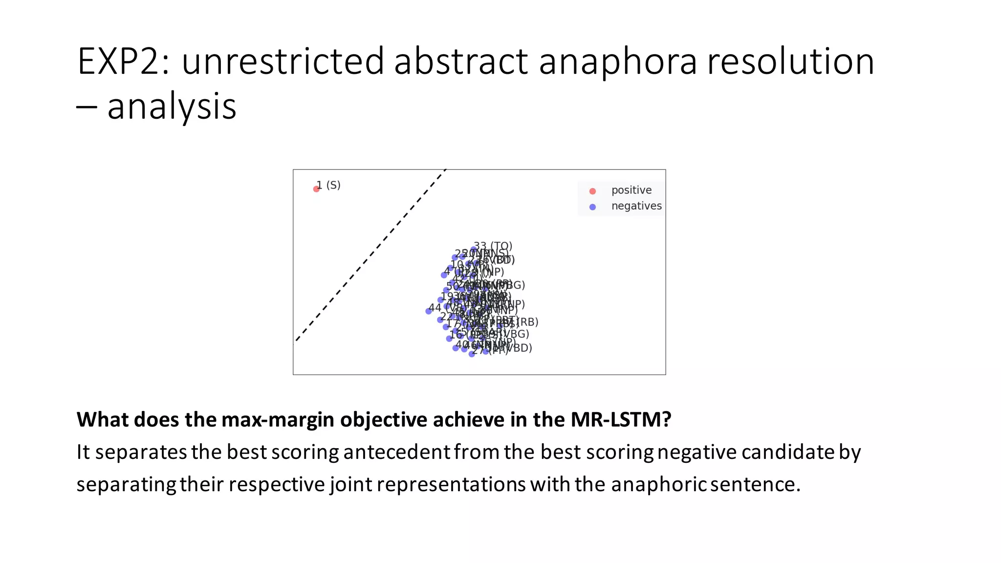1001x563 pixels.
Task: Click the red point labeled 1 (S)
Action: tap(316, 189)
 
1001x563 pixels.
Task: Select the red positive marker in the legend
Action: tap(592, 191)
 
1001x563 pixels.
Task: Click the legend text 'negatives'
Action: tap(636, 206)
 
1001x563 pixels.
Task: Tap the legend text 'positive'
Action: tap(631, 190)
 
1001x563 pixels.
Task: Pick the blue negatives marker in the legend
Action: tap(592, 207)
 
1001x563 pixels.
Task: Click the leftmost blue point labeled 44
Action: tap(429, 311)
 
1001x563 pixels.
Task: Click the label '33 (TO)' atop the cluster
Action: tap(493, 246)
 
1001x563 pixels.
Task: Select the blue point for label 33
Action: tap(474, 249)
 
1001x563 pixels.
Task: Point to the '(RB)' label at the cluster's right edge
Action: tap(528, 322)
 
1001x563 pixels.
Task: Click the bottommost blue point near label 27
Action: tap(472, 354)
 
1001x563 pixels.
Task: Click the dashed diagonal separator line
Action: tap(371, 254)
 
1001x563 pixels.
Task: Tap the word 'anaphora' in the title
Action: tap(618, 62)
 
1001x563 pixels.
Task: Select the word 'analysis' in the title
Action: tap(172, 107)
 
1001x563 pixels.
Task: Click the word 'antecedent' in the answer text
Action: tap(396, 452)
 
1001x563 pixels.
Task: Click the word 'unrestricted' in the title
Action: tap(283, 62)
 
